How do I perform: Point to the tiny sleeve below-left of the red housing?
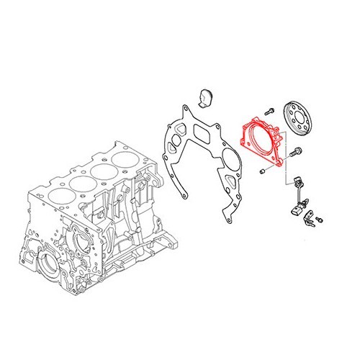(x=264, y=171)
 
